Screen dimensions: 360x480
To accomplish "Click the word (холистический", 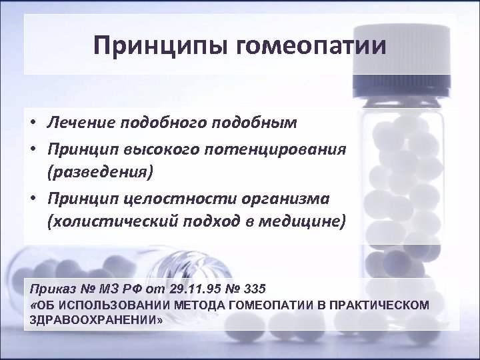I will click(x=107, y=222).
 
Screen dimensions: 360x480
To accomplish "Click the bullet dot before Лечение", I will click(x=33, y=125).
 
